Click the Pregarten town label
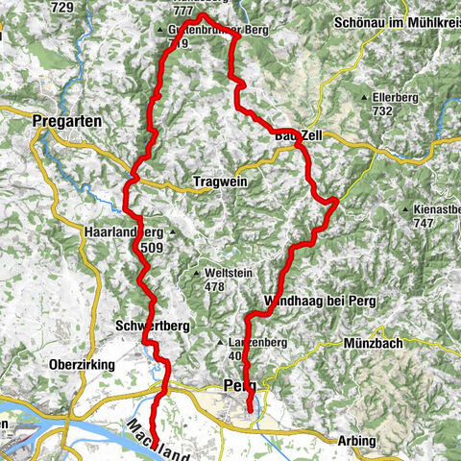click(61, 121)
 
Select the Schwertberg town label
click(151, 326)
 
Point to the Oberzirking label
click(82, 365)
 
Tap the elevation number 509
click(152, 248)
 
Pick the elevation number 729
click(62, 8)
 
